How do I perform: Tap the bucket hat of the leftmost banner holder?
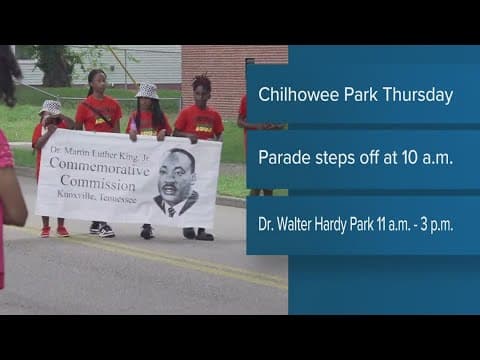(50, 107)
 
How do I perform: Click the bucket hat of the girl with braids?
(147, 91)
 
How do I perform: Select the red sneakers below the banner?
(53, 231)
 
